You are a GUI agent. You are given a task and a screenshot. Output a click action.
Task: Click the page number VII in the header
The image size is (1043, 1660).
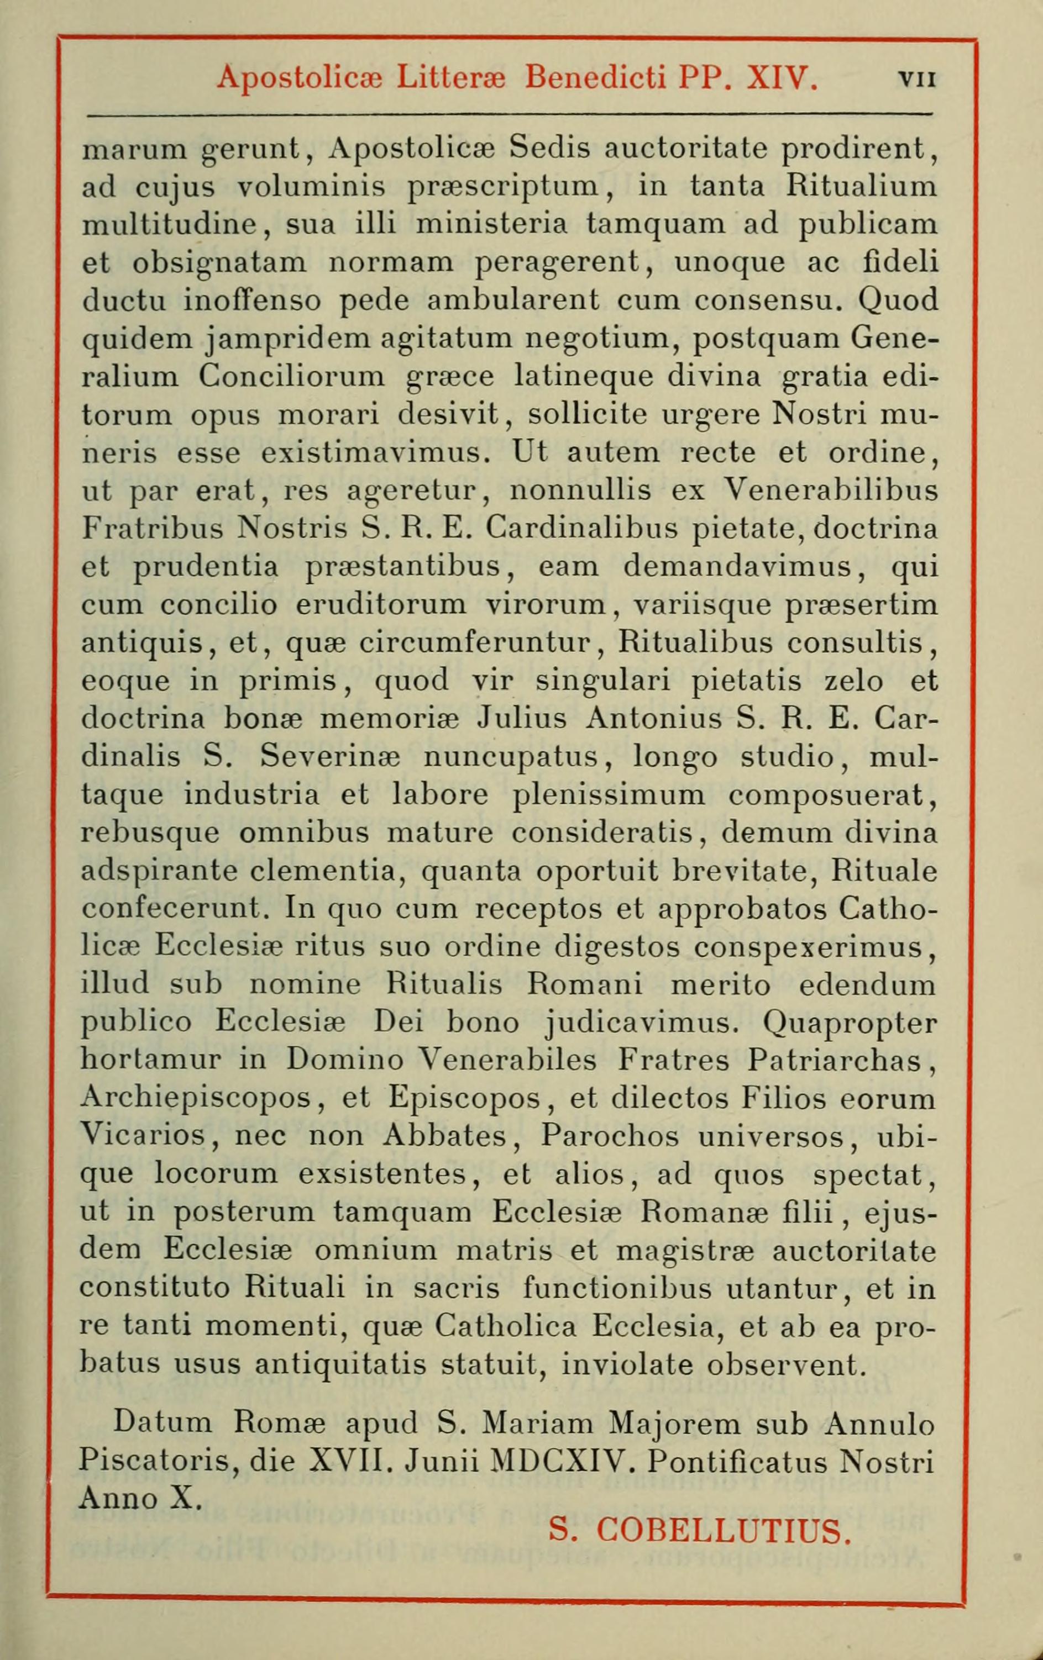(917, 78)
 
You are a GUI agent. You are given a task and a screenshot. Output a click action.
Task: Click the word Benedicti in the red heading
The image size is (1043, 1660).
(595, 77)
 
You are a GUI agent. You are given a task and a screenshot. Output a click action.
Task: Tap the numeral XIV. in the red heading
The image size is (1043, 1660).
(782, 77)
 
